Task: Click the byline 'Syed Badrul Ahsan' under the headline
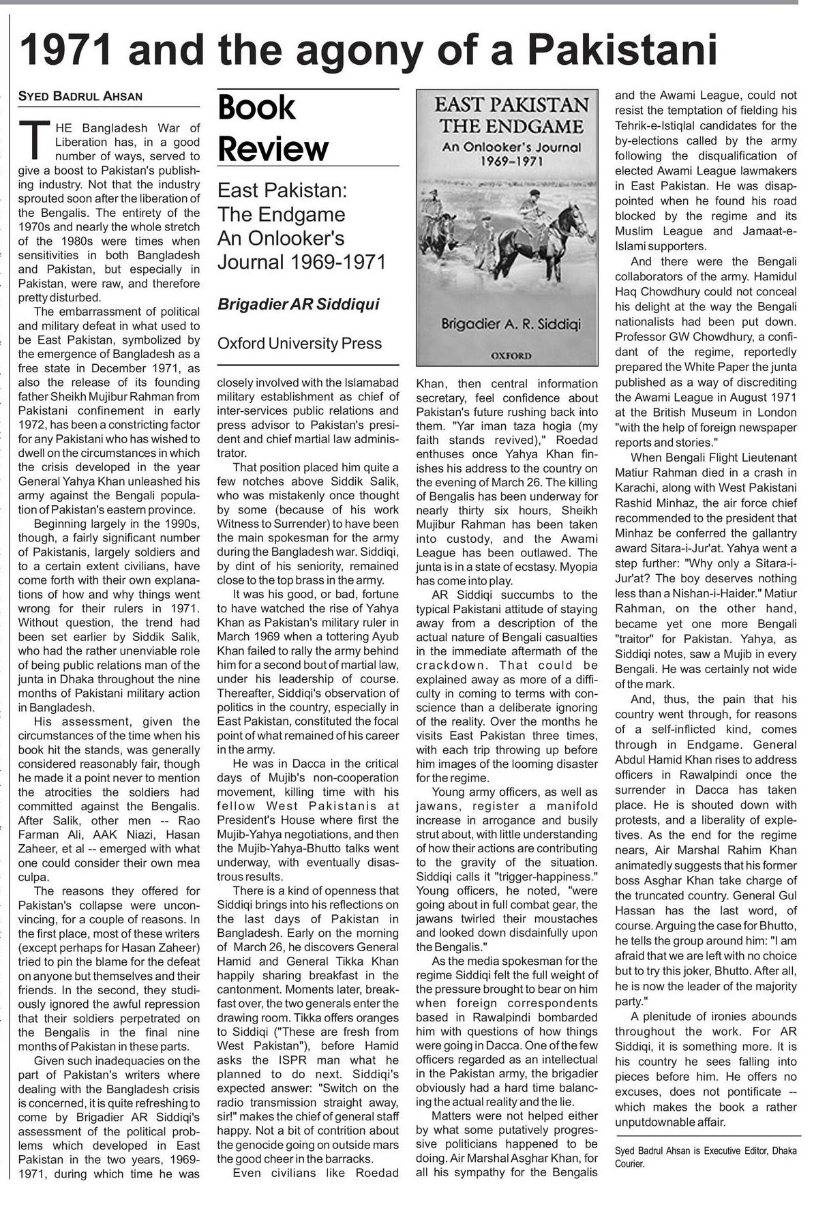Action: tap(80, 97)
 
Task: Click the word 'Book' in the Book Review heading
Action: tap(256, 108)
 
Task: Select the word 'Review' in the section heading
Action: tap(273, 148)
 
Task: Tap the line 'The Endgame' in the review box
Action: tap(282, 215)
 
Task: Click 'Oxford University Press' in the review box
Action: tap(299, 344)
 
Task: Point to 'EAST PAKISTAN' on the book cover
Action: tap(511, 105)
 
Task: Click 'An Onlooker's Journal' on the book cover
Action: tap(511, 147)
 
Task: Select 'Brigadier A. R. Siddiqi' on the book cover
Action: tap(511, 324)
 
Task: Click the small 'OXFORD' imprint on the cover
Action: tap(511, 355)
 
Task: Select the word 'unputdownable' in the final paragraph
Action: tap(652, 1122)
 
